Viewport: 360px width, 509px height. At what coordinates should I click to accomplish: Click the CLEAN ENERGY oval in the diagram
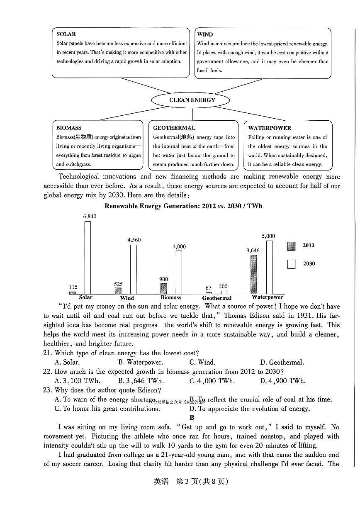click(x=192, y=100)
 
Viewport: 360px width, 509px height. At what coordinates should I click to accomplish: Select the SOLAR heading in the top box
click(x=66, y=34)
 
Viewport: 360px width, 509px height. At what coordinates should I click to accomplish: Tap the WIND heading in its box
click(x=205, y=34)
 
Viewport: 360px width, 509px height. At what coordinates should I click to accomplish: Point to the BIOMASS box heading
click(x=69, y=128)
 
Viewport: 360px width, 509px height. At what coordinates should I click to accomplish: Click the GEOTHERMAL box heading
click(x=174, y=128)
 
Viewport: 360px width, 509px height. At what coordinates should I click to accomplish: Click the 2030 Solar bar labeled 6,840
click(x=88, y=257)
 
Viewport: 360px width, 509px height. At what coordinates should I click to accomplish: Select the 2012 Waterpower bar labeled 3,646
click(x=253, y=274)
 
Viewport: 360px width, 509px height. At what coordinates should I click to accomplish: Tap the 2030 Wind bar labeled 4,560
click(x=133, y=269)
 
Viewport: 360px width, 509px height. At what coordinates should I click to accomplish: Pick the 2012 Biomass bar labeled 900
click(x=163, y=288)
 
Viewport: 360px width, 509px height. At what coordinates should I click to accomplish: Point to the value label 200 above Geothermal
click(x=223, y=286)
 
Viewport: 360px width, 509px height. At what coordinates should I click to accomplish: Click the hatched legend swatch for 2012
click(x=291, y=246)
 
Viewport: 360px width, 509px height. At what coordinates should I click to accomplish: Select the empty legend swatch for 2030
click(x=291, y=264)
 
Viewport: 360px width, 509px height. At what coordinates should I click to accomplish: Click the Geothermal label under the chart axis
click(x=217, y=298)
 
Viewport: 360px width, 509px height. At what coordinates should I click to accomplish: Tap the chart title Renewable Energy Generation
click(x=183, y=206)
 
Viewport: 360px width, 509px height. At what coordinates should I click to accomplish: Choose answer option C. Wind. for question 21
click(x=202, y=362)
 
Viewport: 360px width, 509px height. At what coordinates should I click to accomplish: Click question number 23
click(x=48, y=390)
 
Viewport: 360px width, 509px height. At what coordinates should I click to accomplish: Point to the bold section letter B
click(x=192, y=417)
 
